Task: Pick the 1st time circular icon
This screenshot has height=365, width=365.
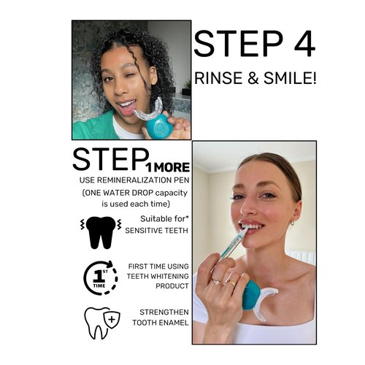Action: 101,278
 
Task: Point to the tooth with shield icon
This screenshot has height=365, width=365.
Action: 100,322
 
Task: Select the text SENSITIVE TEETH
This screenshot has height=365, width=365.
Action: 157,230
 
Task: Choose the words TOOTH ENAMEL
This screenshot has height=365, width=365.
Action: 161,322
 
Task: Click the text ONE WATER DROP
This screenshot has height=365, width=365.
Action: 123,193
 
